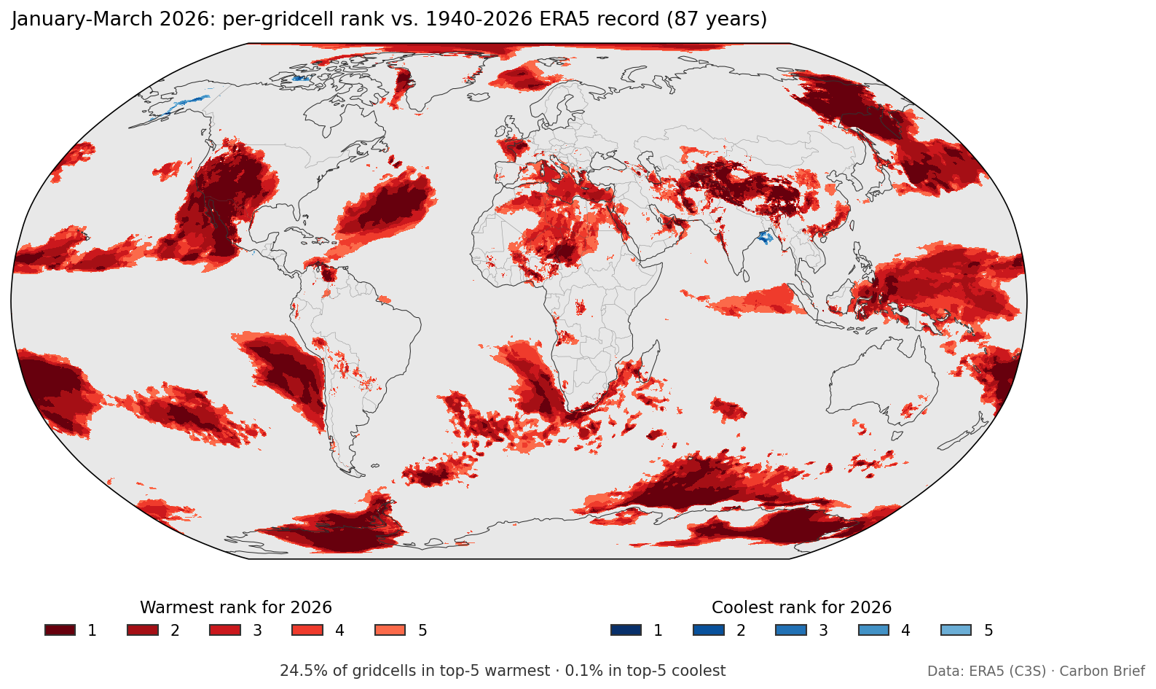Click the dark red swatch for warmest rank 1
click(x=60, y=630)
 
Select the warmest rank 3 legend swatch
click(x=224, y=630)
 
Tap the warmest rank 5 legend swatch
click(x=390, y=630)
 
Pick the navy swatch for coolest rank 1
click(x=626, y=630)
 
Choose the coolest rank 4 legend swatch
click(x=873, y=630)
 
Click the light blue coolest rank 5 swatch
click(x=956, y=630)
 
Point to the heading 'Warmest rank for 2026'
click(x=235, y=607)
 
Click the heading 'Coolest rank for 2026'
click(x=801, y=607)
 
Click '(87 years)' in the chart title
click(x=717, y=19)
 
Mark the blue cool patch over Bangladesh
click(x=764, y=237)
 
